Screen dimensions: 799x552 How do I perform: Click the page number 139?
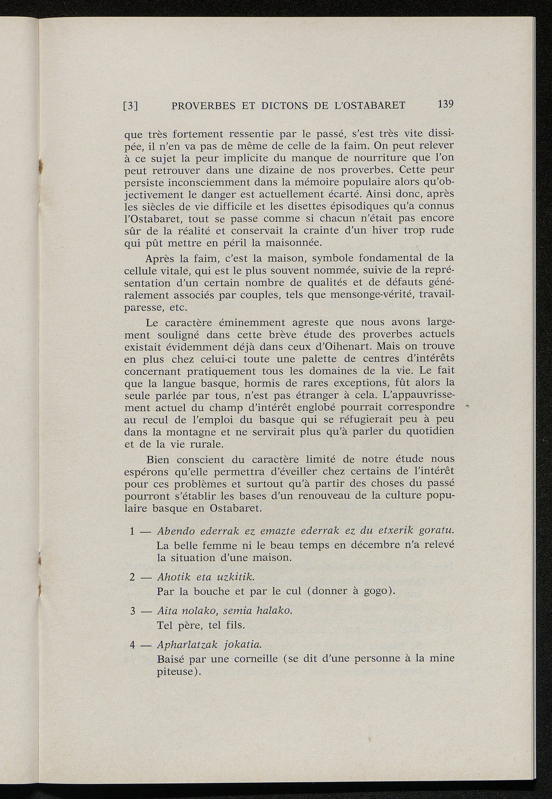[445, 104]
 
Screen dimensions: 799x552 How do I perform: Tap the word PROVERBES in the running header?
[204, 106]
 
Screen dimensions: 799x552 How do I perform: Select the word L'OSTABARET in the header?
[370, 106]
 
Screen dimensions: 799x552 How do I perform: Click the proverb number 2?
[133, 577]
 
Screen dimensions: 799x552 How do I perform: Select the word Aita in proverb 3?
[167, 611]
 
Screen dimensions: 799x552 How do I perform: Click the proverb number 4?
[133, 645]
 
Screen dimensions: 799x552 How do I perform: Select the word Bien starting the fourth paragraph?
[158, 460]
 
